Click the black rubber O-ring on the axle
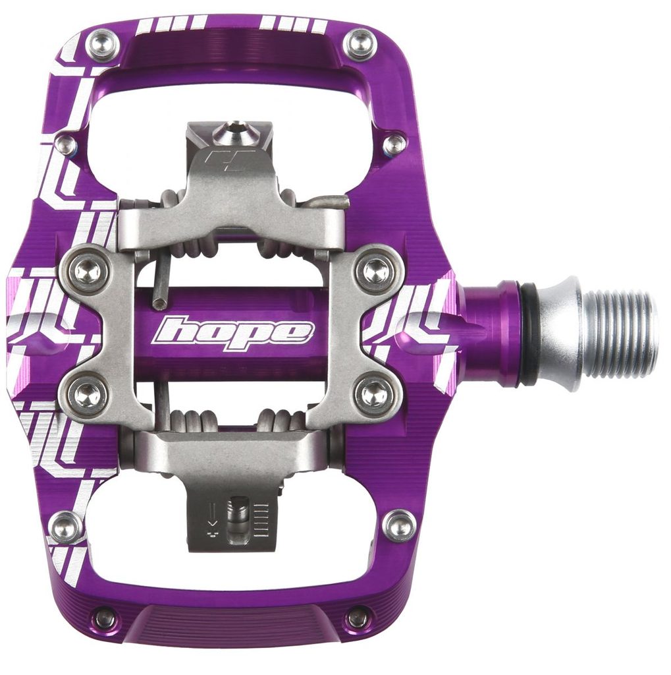point(527,334)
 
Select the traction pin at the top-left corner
point(102,45)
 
